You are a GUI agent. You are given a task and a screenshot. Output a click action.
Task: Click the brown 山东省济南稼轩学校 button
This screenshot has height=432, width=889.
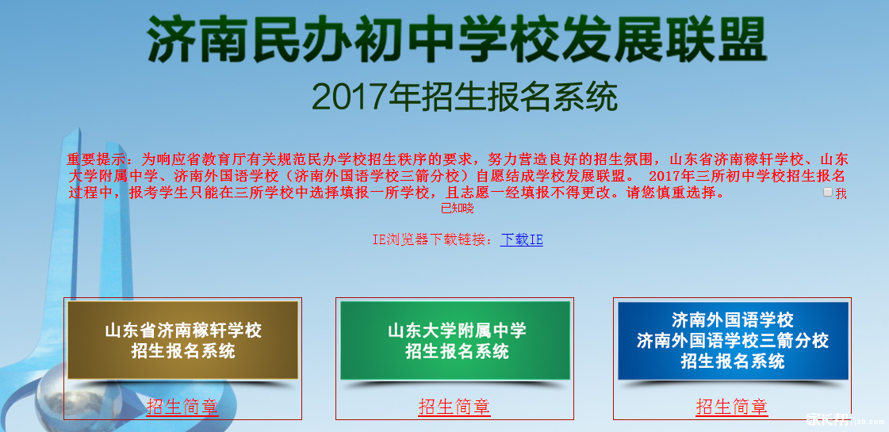tap(182, 340)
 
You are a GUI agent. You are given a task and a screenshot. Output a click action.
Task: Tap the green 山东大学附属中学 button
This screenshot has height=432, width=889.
tap(455, 340)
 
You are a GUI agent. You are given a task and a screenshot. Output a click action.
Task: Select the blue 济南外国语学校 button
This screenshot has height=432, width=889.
tap(733, 340)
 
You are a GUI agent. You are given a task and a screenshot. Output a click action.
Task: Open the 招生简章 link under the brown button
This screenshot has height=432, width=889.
tap(182, 407)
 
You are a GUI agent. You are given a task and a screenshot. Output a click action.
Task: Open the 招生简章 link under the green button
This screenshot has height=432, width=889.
tap(454, 407)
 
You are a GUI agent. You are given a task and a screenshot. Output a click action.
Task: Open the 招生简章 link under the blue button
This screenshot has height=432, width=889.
tap(732, 407)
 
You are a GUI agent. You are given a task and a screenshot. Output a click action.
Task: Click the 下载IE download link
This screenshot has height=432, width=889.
tap(522, 240)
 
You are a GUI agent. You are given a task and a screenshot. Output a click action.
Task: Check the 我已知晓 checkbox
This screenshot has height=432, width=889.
tap(828, 192)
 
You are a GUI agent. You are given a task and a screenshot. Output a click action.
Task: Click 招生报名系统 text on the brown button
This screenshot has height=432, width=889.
tap(183, 351)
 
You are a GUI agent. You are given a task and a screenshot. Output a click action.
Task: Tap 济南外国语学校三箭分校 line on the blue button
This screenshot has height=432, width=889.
tap(733, 341)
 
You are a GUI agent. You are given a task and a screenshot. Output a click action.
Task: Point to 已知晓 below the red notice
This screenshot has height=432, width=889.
tap(458, 208)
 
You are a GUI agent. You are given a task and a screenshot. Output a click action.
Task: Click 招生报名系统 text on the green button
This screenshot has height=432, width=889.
tap(457, 351)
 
